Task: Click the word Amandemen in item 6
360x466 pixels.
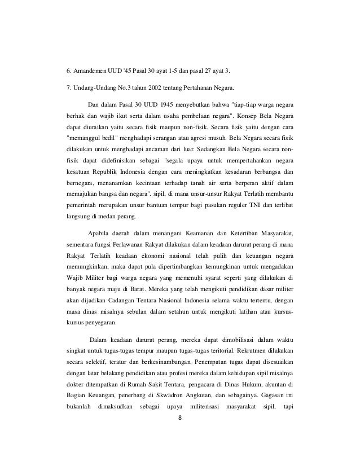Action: [x=93, y=72]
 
